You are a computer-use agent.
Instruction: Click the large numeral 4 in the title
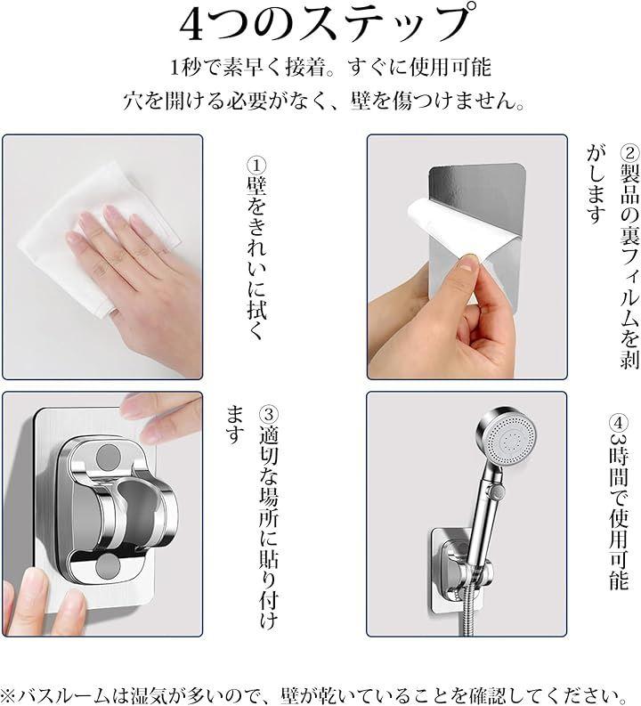[x=192, y=27]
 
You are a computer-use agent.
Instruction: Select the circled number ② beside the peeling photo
[x=629, y=153]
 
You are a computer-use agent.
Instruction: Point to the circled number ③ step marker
[x=269, y=414]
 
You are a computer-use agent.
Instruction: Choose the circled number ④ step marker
[x=619, y=424]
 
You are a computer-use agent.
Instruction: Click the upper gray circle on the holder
[x=109, y=456]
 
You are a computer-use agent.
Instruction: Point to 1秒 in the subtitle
[x=185, y=68]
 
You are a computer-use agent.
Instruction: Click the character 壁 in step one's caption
[x=256, y=186]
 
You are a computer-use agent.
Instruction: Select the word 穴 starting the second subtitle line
[x=134, y=101]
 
